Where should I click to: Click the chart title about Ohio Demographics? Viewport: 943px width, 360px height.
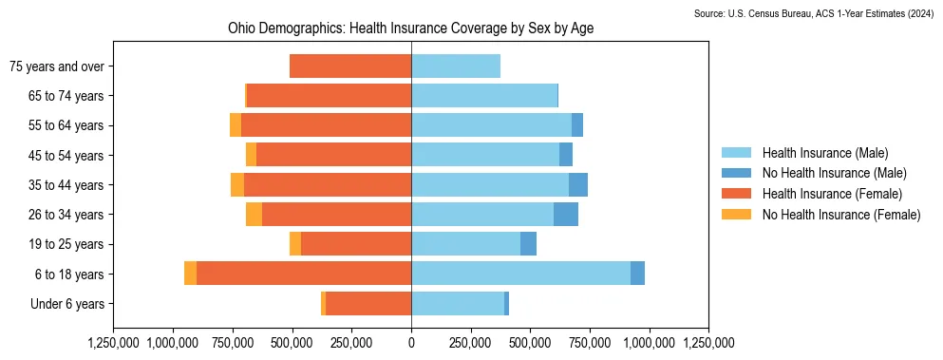point(411,28)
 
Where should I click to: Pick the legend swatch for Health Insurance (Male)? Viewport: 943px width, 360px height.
point(736,153)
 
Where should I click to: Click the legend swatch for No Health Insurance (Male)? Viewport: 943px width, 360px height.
point(736,174)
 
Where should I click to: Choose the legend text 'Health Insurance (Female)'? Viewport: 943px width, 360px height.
point(833,194)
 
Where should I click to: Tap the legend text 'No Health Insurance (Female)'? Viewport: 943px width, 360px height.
point(841,215)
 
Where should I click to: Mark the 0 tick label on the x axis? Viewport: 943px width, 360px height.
point(411,343)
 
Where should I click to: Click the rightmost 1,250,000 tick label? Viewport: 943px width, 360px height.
point(708,343)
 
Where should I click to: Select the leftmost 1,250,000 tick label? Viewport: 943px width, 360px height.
point(114,343)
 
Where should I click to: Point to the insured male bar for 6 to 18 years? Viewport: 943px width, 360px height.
point(520,274)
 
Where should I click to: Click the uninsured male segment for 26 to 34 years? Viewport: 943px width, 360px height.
point(566,215)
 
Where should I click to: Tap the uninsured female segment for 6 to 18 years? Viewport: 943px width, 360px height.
point(190,274)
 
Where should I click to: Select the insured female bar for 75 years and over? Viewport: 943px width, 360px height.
point(350,66)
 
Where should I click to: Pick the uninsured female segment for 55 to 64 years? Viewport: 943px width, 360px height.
point(236,125)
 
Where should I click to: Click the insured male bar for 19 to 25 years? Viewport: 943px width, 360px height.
point(466,244)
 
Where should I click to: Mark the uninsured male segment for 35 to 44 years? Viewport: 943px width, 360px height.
point(578,185)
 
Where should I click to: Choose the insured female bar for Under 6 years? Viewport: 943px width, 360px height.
point(368,304)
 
